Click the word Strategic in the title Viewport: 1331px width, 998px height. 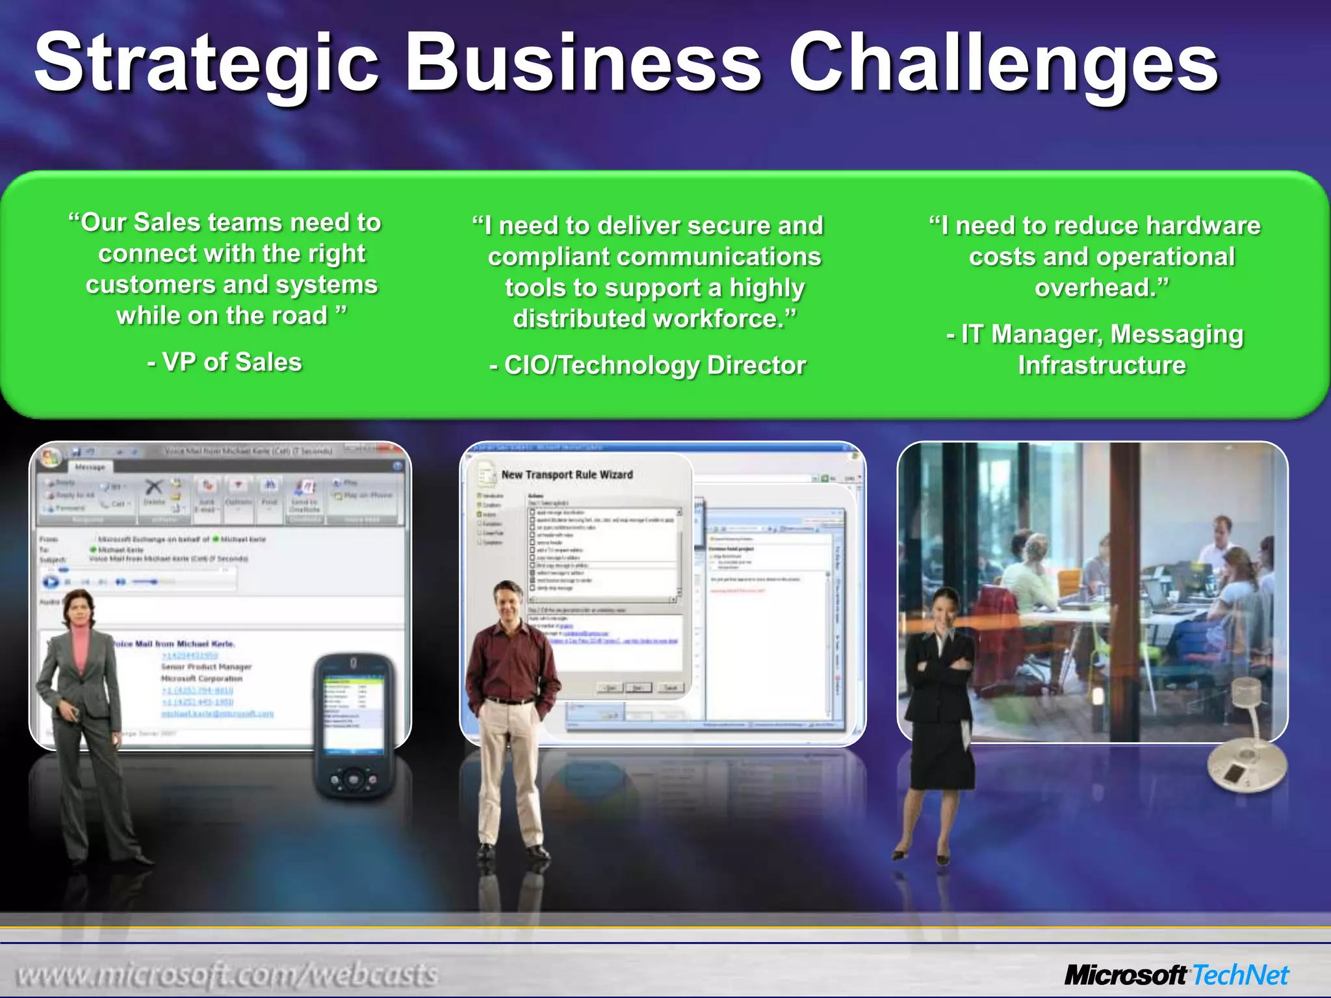207,64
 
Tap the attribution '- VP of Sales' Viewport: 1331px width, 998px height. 225,363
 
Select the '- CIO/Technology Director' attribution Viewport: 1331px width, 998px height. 648,365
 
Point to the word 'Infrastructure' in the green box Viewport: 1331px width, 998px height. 1102,365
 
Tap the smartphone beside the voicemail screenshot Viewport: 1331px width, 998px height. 355,724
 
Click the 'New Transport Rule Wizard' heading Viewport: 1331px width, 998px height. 567,475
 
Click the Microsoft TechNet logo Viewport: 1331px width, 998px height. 1176,975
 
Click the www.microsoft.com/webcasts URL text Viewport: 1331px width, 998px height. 227,975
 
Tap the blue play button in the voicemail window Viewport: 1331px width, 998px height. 51,582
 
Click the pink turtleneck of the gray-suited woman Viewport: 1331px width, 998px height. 81,643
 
